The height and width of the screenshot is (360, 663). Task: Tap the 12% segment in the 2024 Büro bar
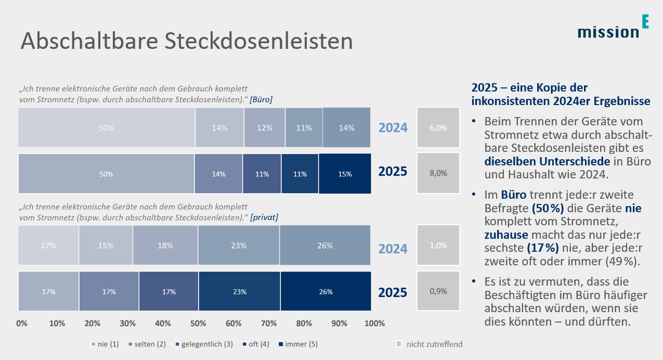click(x=264, y=127)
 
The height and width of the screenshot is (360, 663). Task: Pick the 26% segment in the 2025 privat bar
click(x=326, y=292)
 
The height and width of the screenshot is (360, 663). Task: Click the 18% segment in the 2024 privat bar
click(x=165, y=246)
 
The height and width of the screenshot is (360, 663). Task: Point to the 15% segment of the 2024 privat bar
click(x=106, y=246)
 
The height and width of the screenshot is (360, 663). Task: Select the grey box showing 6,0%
click(x=438, y=127)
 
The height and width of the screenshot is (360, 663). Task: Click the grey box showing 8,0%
click(x=438, y=173)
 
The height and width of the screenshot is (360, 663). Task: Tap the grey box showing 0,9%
click(x=438, y=292)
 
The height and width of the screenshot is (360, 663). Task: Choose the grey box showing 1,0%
click(x=438, y=246)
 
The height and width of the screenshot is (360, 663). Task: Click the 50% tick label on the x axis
click(x=198, y=323)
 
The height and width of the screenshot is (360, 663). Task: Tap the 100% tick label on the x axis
click(x=374, y=323)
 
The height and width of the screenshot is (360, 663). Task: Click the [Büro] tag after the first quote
click(x=261, y=99)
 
